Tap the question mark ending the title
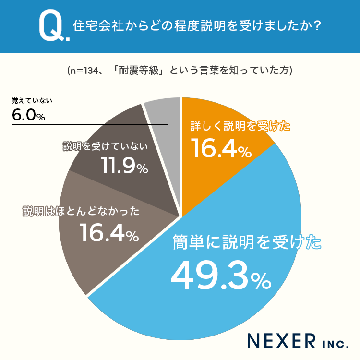(x=317, y=25)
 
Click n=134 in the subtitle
(x=84, y=71)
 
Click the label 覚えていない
(x=32, y=101)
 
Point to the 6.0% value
(x=28, y=115)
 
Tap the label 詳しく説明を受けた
(x=240, y=126)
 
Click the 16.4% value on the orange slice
(x=221, y=148)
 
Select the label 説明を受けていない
(x=106, y=146)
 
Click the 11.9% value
(x=124, y=165)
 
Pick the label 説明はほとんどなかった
(x=81, y=211)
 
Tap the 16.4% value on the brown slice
(x=109, y=233)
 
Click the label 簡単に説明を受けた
(x=247, y=242)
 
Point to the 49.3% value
(x=221, y=276)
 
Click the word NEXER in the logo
(x=281, y=341)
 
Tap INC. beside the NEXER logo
(x=336, y=344)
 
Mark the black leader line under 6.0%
(x=90, y=124)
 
